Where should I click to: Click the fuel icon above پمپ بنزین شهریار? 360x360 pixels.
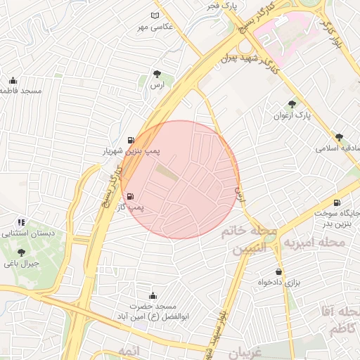pyautogui.click(x=131, y=139)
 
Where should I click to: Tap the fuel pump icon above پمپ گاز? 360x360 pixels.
pyautogui.click(x=131, y=195)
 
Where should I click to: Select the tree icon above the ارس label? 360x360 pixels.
pyautogui.click(x=157, y=74)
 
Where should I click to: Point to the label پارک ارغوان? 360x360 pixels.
pyautogui.click(x=292, y=115)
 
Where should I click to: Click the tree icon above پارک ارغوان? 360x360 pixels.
pyautogui.click(x=292, y=103)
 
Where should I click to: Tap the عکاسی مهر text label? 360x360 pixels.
pyautogui.click(x=154, y=27)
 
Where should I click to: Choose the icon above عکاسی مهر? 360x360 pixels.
pyautogui.click(x=155, y=15)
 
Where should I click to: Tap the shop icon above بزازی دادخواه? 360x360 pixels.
pyautogui.click(x=279, y=271)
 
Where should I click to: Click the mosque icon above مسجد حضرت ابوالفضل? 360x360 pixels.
pyautogui.click(x=153, y=296)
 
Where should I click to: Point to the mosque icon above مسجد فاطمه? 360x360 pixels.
pyautogui.click(x=14, y=79)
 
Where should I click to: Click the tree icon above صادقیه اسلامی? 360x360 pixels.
pyautogui.click(x=340, y=137)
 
